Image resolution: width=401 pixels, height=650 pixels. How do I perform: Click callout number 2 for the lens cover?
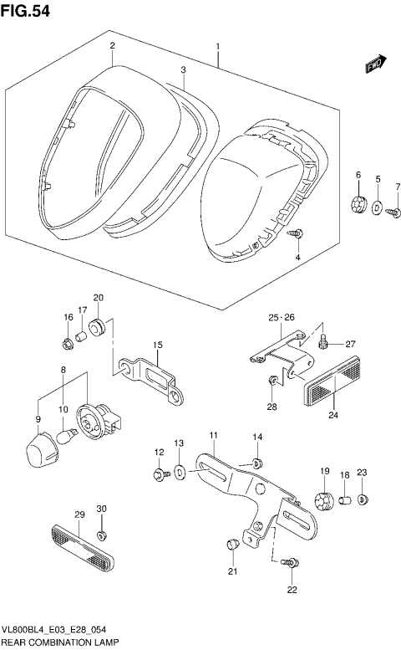point(111,46)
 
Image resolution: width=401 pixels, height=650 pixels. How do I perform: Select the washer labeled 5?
point(377,207)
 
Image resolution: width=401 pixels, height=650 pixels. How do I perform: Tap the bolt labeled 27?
point(325,341)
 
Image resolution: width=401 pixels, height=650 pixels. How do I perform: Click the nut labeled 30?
point(102,535)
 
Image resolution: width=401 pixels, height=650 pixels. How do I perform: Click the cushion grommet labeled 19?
point(323,501)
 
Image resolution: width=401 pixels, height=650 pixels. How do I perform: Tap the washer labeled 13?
point(180,474)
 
